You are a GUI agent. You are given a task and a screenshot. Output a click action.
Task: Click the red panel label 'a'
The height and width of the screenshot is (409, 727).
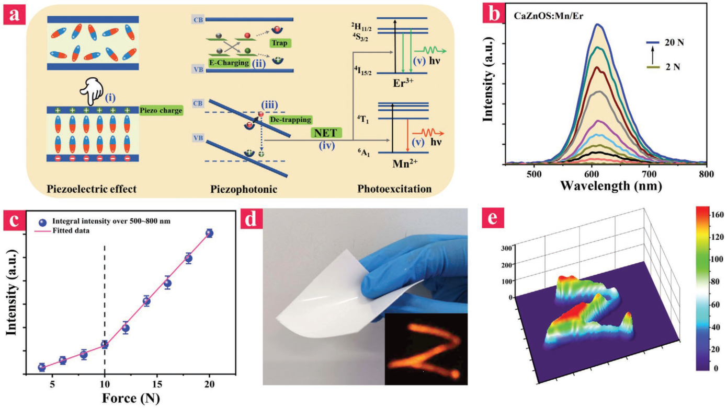pyautogui.click(x=14, y=15)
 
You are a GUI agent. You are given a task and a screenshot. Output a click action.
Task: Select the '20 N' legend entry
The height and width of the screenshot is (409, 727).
pyautogui.click(x=675, y=43)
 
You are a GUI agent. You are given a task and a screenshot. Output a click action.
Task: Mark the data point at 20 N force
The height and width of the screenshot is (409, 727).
pyautogui.click(x=209, y=233)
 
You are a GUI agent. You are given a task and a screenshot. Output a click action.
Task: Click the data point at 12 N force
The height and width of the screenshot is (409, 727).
pyautogui.click(x=126, y=328)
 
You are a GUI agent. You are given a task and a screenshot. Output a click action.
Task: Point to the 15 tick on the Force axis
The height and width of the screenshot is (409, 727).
pyautogui.click(x=157, y=384)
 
